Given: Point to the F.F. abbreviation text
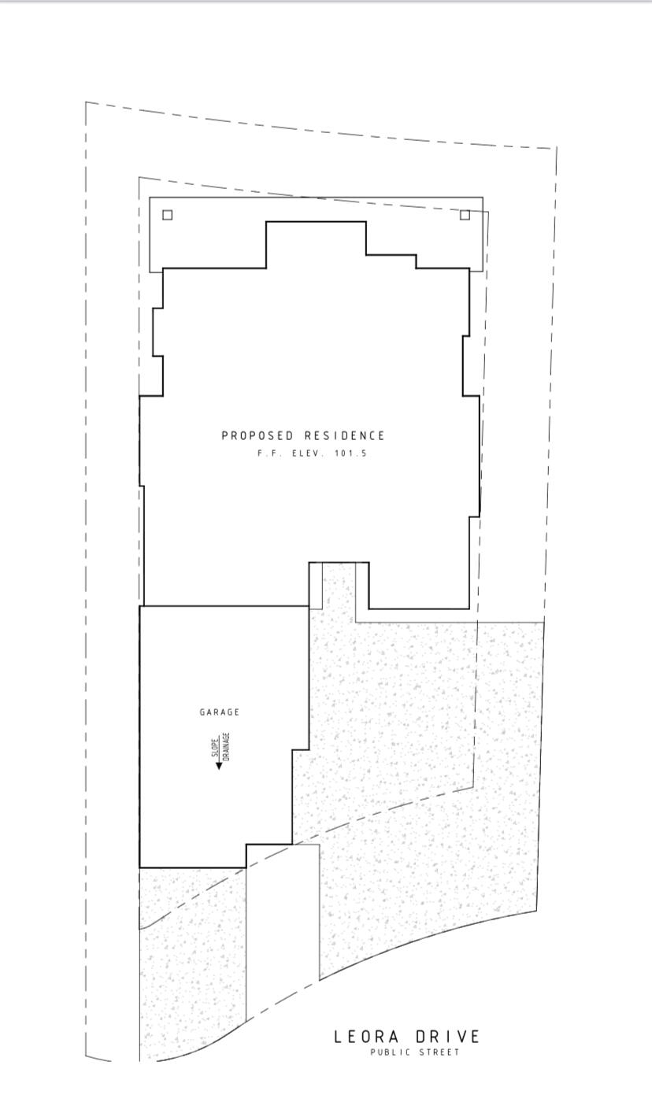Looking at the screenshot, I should coord(269,453).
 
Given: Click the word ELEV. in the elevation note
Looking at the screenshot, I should coord(309,453).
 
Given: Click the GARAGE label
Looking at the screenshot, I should coord(219,712).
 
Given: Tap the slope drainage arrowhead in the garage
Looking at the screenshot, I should coord(219,765).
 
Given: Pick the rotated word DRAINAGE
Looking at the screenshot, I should coord(226,746).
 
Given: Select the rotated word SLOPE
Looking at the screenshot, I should coord(215,747).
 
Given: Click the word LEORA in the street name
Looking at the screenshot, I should coord(366,1037).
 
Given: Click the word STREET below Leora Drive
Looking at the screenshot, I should coord(439,1052).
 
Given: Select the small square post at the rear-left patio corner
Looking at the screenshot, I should coord(167,215).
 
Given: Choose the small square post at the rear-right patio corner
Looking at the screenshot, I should coord(465,215).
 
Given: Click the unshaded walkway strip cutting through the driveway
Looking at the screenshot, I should coord(283,929).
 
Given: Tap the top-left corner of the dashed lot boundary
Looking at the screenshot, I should coord(86,102).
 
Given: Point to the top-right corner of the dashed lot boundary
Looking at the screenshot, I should coord(557,148).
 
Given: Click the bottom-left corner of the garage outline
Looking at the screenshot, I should coord(139,867).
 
